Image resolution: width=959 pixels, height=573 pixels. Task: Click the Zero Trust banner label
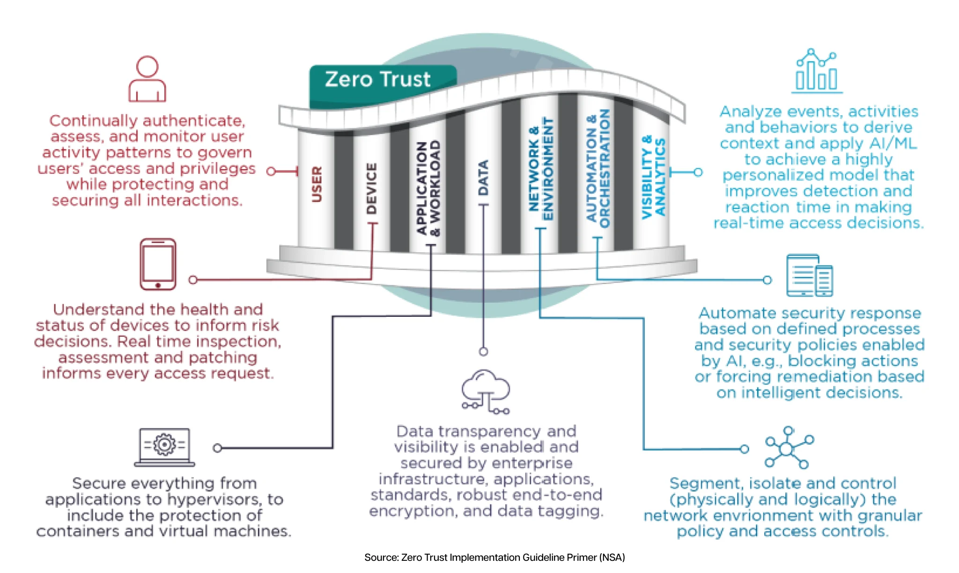click(x=377, y=79)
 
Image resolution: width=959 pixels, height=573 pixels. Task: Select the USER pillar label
click(x=317, y=184)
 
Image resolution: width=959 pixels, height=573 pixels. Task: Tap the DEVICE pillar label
click(x=371, y=188)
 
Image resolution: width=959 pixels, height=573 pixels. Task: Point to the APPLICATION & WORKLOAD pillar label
click(x=428, y=188)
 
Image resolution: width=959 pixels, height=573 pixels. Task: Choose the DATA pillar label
click(x=483, y=178)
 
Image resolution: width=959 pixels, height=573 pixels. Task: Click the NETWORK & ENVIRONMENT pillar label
click(x=541, y=169)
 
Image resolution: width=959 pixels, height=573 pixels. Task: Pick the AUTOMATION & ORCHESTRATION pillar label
click(x=598, y=168)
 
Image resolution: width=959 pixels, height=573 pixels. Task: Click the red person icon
click(x=147, y=79)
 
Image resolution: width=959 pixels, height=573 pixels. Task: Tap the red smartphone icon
click(x=158, y=264)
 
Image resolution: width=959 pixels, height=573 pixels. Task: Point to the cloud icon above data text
click(x=486, y=392)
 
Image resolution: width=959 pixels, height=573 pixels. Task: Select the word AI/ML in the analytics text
click(x=893, y=143)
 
